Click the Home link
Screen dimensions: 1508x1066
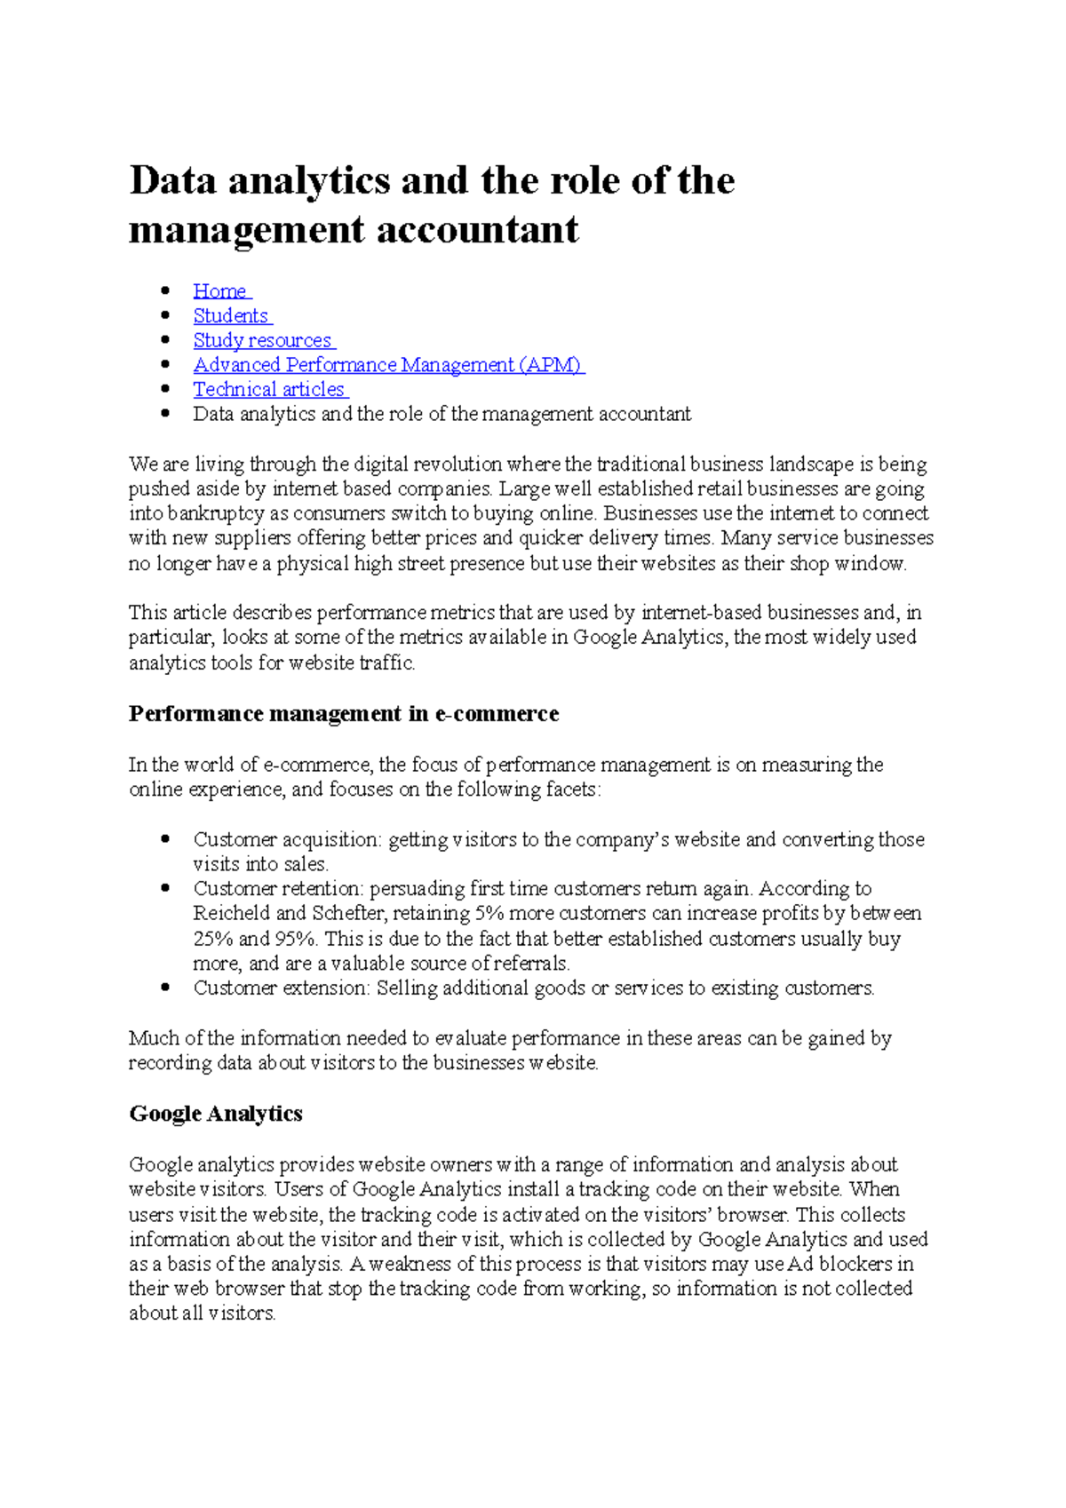pyautogui.click(x=219, y=291)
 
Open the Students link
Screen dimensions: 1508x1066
pyautogui.click(x=231, y=316)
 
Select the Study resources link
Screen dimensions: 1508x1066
pyautogui.click(x=262, y=341)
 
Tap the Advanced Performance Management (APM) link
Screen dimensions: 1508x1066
pyautogui.click(x=387, y=365)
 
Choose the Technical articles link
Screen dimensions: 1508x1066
pyautogui.click(x=268, y=390)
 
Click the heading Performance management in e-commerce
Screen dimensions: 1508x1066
pyautogui.click(x=343, y=714)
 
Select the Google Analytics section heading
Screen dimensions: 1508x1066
pyautogui.click(x=216, y=1114)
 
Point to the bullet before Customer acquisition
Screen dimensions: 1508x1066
pyautogui.click(x=164, y=838)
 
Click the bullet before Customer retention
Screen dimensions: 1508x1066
pyautogui.click(x=164, y=887)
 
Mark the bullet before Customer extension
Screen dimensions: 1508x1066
pyautogui.click(x=164, y=987)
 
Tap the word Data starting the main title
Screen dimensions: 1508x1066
pyautogui.click(x=172, y=180)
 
